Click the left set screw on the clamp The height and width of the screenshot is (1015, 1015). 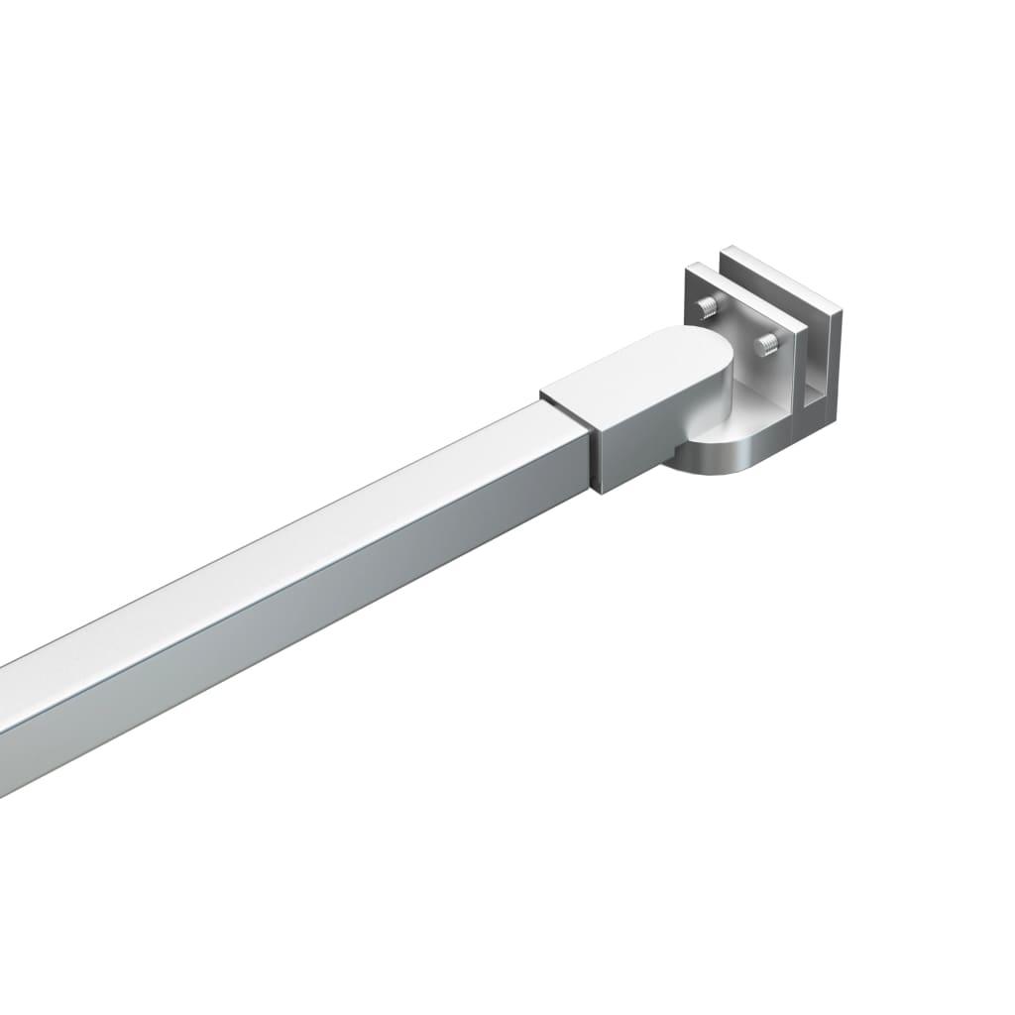click(x=707, y=305)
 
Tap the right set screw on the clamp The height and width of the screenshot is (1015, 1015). click(x=766, y=345)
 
